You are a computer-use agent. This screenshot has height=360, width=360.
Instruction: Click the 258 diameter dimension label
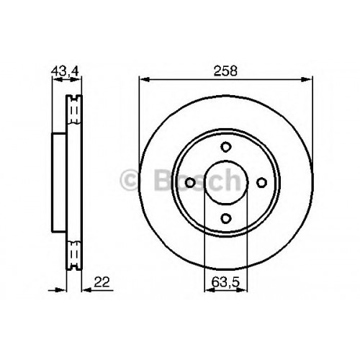click(x=225, y=71)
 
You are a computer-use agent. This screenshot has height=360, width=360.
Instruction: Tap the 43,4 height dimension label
click(x=65, y=71)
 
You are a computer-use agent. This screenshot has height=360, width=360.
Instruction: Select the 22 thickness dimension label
click(x=102, y=282)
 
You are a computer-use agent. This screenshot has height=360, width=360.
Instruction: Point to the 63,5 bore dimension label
click(x=225, y=282)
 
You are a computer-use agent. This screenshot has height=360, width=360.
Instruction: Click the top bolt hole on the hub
click(x=225, y=147)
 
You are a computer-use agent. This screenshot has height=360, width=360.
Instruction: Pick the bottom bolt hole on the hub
click(x=226, y=218)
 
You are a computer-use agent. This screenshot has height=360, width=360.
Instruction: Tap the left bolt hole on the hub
click(x=190, y=183)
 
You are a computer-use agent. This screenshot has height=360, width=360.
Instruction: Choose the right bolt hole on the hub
click(x=261, y=183)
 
